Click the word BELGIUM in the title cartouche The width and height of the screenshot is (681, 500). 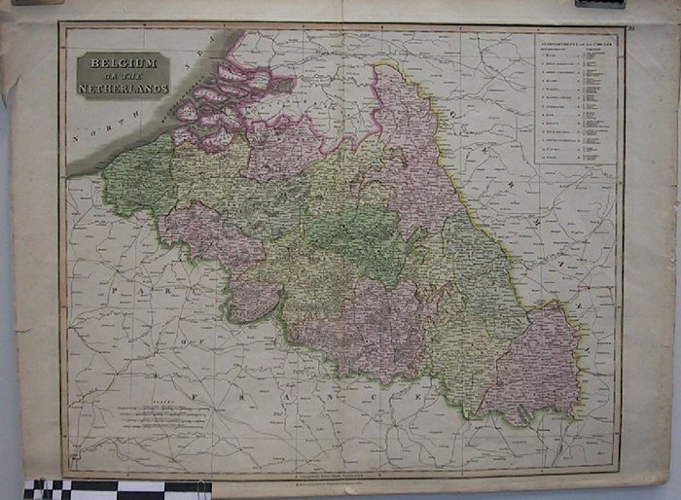coord(123,63)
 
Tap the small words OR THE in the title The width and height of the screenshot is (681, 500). coord(123,76)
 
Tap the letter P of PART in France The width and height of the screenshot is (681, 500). coord(115,289)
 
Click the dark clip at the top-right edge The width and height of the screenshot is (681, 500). coord(599,4)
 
